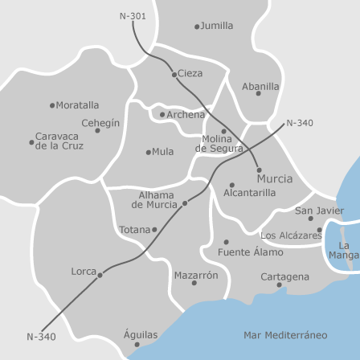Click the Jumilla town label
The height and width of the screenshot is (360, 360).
pyautogui.click(x=217, y=26)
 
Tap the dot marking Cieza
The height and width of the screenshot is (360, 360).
pyautogui.click(x=174, y=74)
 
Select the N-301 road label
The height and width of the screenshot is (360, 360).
pyautogui.click(x=133, y=15)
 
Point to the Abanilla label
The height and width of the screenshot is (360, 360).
pyautogui.click(x=260, y=86)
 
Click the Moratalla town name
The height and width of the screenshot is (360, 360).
pyautogui.click(x=78, y=105)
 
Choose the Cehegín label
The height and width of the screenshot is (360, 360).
pyautogui.click(x=100, y=123)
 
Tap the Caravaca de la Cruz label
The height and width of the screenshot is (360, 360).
pyautogui.click(x=59, y=141)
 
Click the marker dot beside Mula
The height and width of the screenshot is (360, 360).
pyautogui.click(x=149, y=152)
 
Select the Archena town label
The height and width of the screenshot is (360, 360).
pyautogui.click(x=186, y=115)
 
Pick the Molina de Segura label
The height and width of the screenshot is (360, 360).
pyautogui.click(x=219, y=144)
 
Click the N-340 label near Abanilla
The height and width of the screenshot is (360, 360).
pyautogui.click(x=300, y=123)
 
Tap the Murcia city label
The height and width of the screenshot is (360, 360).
pyautogui.click(x=275, y=178)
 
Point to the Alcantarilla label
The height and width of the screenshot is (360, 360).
pyautogui.click(x=249, y=193)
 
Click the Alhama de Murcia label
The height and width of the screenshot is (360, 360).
pyautogui.click(x=155, y=200)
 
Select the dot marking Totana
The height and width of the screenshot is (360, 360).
pyautogui.click(x=153, y=230)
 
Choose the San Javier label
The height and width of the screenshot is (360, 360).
pyautogui.click(x=319, y=211)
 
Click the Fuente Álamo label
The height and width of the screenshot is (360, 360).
pyautogui.click(x=250, y=252)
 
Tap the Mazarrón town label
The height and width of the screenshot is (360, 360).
pyautogui.click(x=195, y=275)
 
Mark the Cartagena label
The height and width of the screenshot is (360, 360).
pyautogui.click(x=284, y=276)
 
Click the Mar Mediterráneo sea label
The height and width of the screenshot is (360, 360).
pyautogui.click(x=285, y=334)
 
